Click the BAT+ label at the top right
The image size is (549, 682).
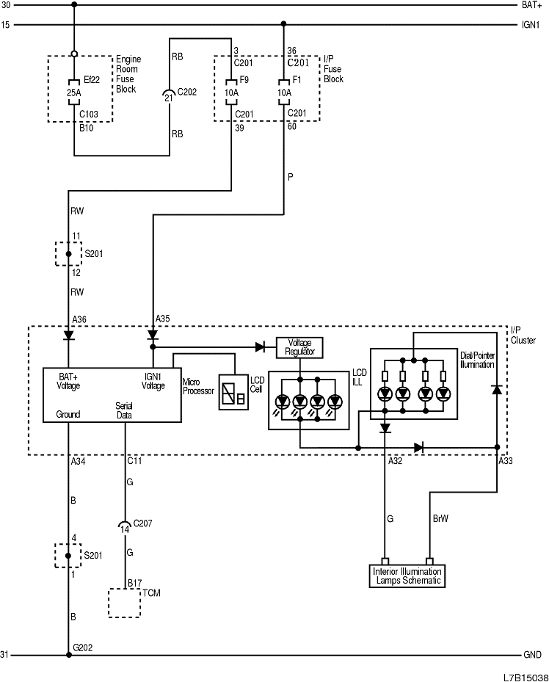tap(531, 5)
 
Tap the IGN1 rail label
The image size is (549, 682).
tap(531, 24)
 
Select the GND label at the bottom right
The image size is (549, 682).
tap(532, 654)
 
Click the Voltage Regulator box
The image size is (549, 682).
tap(299, 347)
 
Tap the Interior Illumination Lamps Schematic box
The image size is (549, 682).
tap(407, 576)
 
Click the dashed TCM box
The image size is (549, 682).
tap(124, 603)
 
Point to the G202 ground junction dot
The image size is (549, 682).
tap(68, 654)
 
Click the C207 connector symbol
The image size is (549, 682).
tap(125, 525)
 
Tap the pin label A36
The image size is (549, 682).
tap(79, 319)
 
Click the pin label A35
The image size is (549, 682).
tap(162, 319)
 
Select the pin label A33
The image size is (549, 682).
tap(506, 461)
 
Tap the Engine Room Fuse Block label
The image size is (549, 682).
tap(128, 73)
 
